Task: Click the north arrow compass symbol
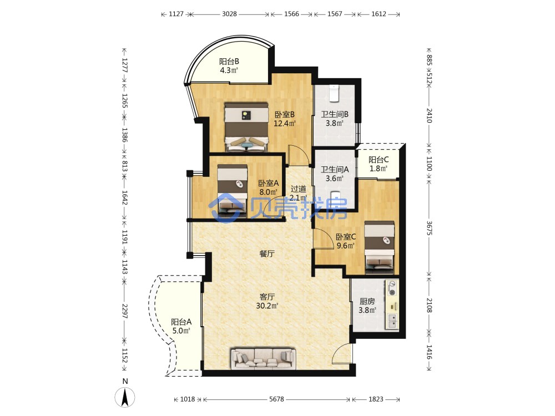click(x=124, y=397)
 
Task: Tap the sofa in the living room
click(x=263, y=358)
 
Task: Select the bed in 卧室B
click(x=246, y=127)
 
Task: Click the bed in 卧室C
click(x=380, y=247)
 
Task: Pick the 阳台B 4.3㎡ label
click(x=229, y=66)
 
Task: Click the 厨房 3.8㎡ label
click(x=367, y=306)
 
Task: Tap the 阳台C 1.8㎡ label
click(x=379, y=164)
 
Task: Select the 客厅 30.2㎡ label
click(x=267, y=301)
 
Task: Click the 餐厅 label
click(x=267, y=253)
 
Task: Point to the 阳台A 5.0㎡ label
click(x=181, y=326)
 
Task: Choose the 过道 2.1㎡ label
click(x=299, y=193)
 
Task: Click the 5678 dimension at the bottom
click(x=276, y=399)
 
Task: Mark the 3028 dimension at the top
click(x=229, y=14)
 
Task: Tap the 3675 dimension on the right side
click(x=429, y=228)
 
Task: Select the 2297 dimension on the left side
click(x=124, y=311)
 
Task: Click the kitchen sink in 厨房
click(x=392, y=321)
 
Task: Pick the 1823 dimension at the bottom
click(x=376, y=399)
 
